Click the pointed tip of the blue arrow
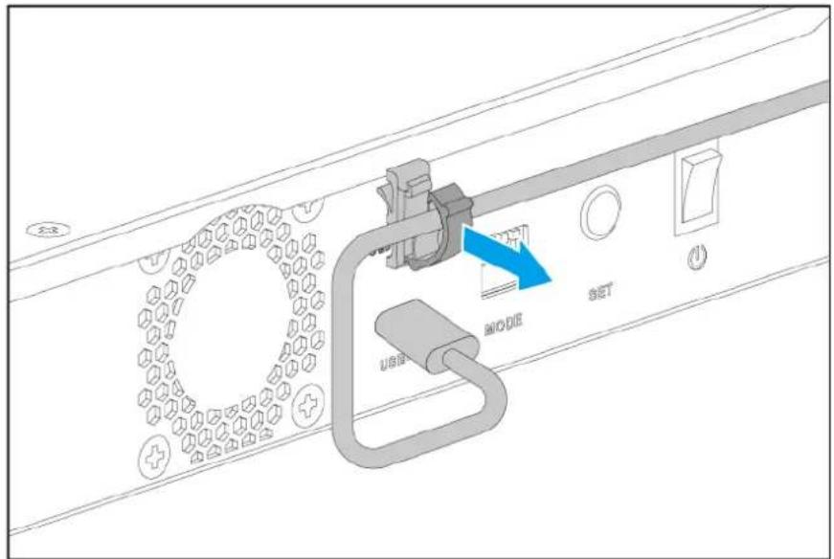pyautogui.click(x=552, y=279)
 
